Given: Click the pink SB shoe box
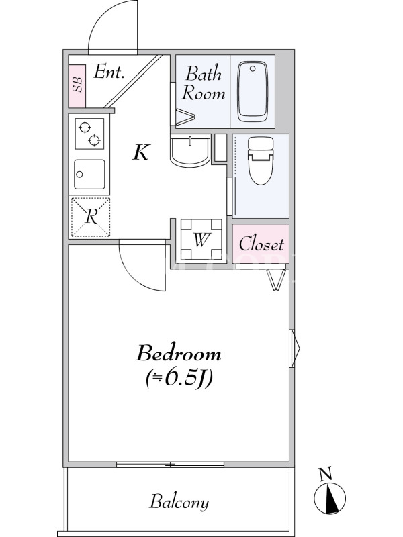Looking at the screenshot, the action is click(x=77, y=86).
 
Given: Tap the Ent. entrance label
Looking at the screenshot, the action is click(x=109, y=72).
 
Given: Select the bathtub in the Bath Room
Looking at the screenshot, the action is click(x=253, y=91).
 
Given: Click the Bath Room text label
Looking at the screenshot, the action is click(x=204, y=83).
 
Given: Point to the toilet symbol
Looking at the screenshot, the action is click(x=261, y=160).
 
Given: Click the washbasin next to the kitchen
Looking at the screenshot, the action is click(x=190, y=150).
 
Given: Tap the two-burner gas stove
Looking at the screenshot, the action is click(x=89, y=134).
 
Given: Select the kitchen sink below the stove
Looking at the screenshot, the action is click(x=89, y=175).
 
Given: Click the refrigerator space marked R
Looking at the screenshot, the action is click(x=90, y=217).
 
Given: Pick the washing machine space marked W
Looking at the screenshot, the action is click(x=201, y=240).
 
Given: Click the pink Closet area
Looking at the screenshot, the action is click(x=261, y=244).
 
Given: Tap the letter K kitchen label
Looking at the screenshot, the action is click(x=141, y=152).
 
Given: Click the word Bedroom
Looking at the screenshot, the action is click(x=179, y=354).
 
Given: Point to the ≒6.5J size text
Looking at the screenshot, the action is click(x=179, y=379).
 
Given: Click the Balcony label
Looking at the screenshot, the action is click(x=179, y=502).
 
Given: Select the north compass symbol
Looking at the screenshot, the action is click(x=330, y=498).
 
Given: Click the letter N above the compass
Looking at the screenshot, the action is click(x=326, y=474).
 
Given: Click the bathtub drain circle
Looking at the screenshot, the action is click(x=253, y=69).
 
